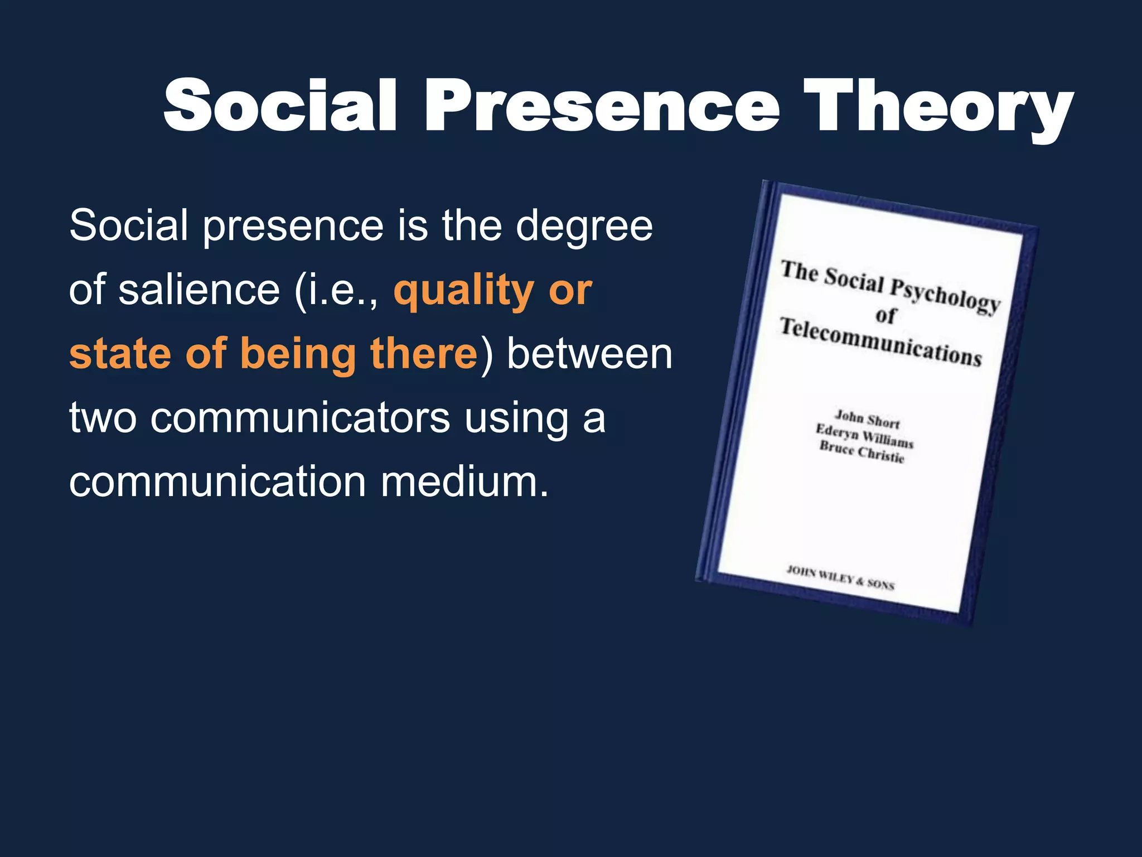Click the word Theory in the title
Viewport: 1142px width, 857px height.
point(938,106)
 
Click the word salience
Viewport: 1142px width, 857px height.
point(199,290)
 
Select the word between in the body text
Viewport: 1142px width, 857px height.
point(589,354)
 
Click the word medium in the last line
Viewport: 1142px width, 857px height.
point(464,482)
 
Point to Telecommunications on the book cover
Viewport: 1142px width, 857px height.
point(880,341)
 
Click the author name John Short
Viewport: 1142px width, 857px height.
point(867,418)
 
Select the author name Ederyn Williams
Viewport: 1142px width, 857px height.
point(864,436)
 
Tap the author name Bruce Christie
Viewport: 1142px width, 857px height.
point(862,452)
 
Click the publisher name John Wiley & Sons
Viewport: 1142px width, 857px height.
point(840,577)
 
